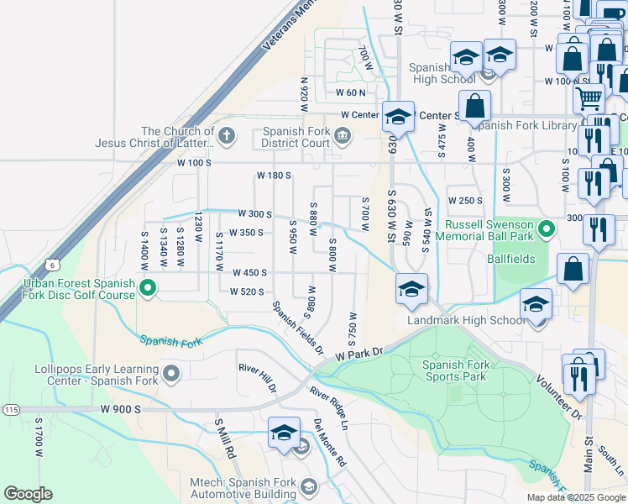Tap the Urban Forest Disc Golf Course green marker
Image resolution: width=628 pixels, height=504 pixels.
tap(148, 290)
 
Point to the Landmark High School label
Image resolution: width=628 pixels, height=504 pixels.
tap(467, 321)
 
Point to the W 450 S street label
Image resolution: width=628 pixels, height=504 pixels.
tap(249, 272)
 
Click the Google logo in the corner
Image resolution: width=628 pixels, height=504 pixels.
tap(28, 494)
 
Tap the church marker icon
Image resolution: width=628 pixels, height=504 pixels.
tap(225, 134)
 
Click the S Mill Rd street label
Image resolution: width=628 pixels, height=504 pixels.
tap(224, 438)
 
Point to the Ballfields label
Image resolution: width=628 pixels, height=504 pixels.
tap(511, 259)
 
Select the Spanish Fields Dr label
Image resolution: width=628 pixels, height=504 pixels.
tap(296, 328)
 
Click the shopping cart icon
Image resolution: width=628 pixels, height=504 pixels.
tap(589, 98)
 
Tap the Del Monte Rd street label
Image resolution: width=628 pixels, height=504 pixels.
tap(329, 443)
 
